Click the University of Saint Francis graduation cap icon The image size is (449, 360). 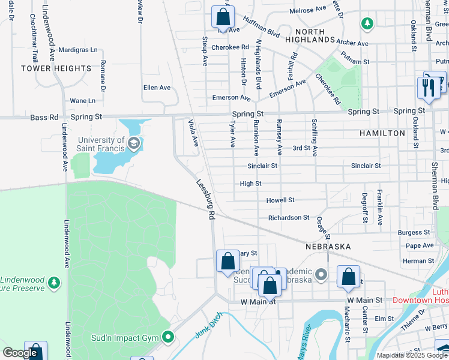pos(133,143)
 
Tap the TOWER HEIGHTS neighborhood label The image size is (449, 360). pos(56,68)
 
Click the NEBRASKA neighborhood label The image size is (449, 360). pos(327,247)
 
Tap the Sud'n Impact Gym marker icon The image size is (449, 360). pos(168,337)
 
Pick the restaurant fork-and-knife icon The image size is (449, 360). pos(428,87)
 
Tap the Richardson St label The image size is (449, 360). pos(288,218)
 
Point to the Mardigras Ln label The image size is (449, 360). pos(78,50)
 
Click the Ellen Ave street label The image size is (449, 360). pos(157,88)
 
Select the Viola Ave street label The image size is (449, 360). pos(193,133)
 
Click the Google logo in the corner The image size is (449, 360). pos(20,353)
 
